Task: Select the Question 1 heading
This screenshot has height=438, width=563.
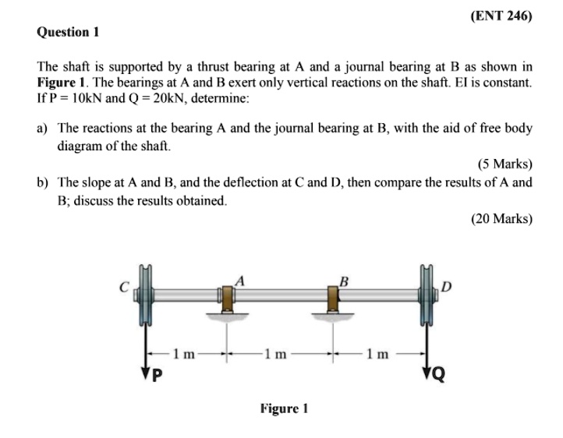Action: [x=68, y=32]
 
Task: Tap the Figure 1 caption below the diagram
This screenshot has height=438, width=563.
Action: [x=285, y=408]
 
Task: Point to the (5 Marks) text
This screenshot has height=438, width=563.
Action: [x=504, y=164]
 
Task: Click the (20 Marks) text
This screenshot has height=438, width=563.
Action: [x=501, y=219]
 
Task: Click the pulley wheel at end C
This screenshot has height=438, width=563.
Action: [x=145, y=296]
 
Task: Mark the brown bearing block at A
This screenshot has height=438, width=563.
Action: [x=227, y=298]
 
